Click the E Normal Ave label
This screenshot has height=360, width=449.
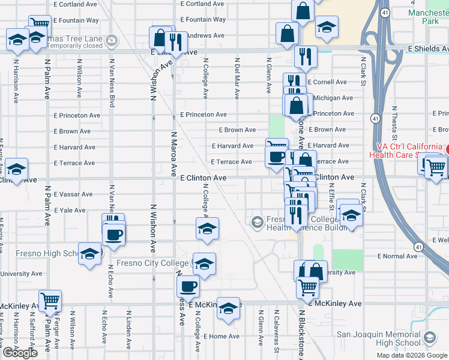click(x=397, y=256)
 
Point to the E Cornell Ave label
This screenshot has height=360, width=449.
click(x=327, y=82)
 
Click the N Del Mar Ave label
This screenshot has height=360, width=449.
click(x=238, y=79)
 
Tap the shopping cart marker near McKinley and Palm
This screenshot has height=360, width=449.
click(x=50, y=299)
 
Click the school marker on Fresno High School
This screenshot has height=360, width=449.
click(x=90, y=254)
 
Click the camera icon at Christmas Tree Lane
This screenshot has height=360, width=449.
click(x=110, y=41)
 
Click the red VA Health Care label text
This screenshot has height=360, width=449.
click(x=411, y=151)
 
